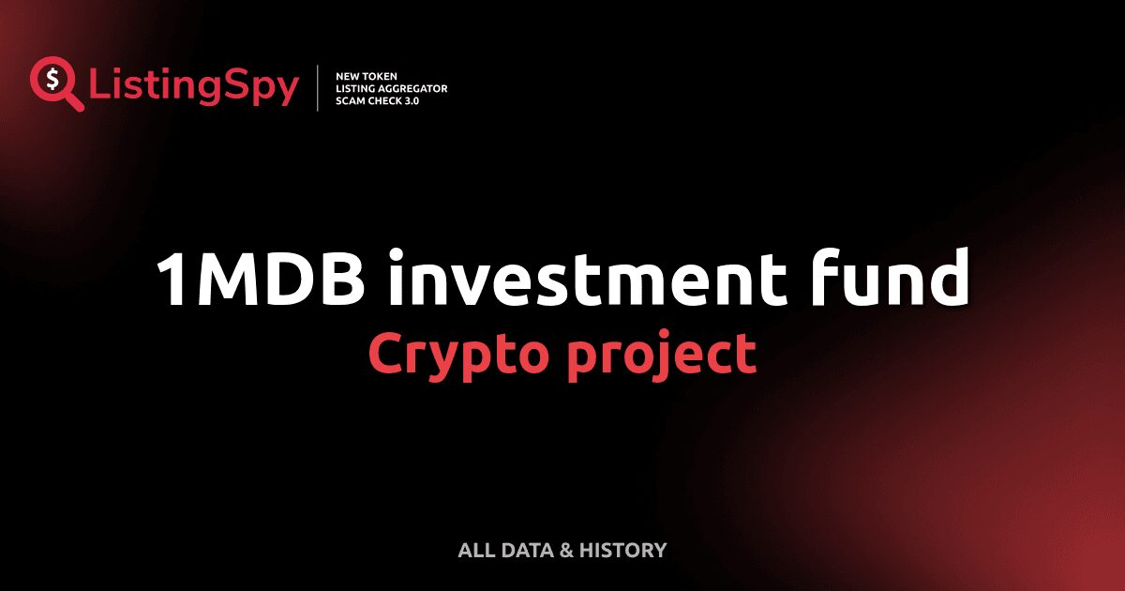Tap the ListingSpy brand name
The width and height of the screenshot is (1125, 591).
click(194, 87)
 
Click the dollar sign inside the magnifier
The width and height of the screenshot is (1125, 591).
click(50, 78)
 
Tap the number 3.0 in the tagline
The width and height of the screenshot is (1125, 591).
click(411, 100)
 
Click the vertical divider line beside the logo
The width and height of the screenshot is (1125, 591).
click(319, 88)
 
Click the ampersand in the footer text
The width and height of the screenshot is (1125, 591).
click(566, 550)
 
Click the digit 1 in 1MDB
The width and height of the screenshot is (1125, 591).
click(172, 280)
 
